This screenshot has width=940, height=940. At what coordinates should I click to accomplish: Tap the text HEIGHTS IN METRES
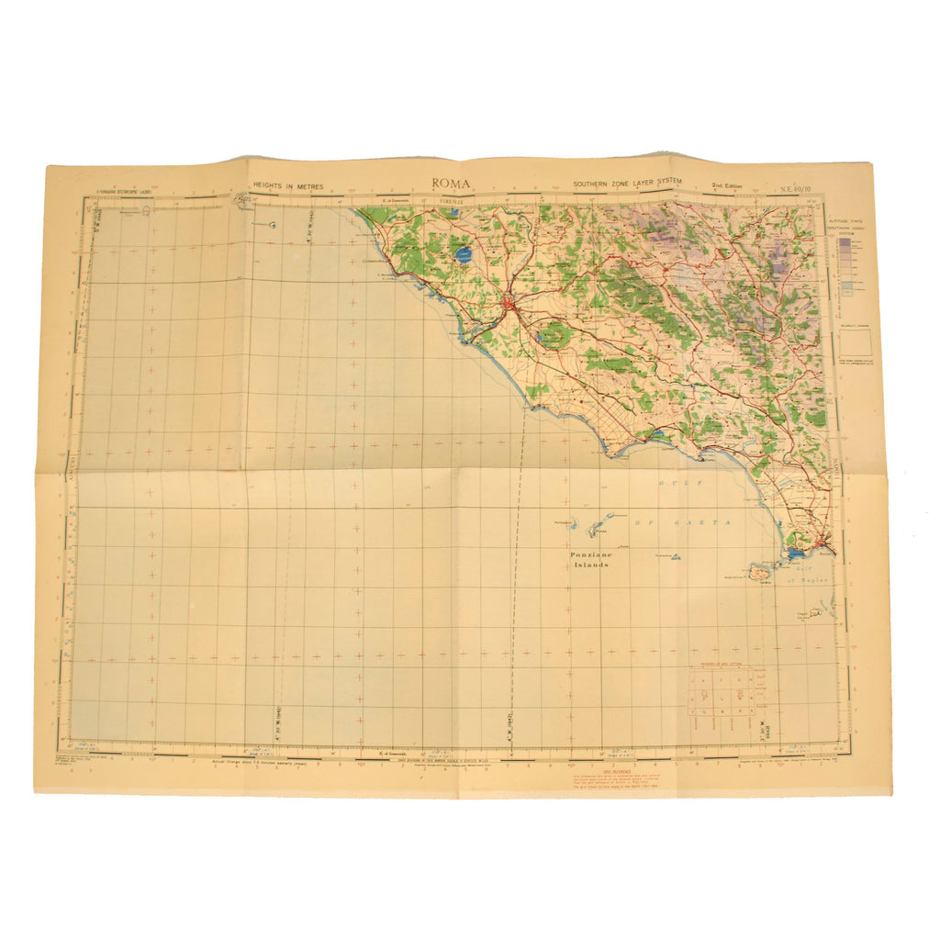[289, 185]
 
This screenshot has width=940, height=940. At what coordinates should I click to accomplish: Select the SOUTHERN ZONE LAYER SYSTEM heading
[628, 184]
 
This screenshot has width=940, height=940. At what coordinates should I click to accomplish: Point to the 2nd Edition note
[728, 185]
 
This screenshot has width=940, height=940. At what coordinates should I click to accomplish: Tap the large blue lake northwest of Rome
[463, 254]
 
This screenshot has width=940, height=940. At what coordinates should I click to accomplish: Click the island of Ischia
[762, 572]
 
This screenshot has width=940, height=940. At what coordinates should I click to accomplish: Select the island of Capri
[806, 615]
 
